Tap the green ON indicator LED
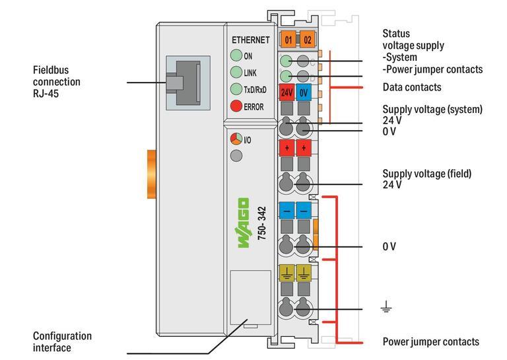point(236,56)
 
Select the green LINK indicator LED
point(236,73)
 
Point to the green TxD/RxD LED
point(236,89)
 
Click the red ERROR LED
point(236,106)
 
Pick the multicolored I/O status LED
point(236,139)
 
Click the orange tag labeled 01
point(288,40)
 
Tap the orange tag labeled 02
point(307,40)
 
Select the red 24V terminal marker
point(287,92)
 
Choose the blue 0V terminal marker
point(304,92)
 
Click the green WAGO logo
point(243,223)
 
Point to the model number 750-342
point(262,223)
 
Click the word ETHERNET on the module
point(250,40)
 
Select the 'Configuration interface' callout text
point(62,342)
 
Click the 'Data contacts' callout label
point(412,87)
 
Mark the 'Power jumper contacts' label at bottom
point(430,342)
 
